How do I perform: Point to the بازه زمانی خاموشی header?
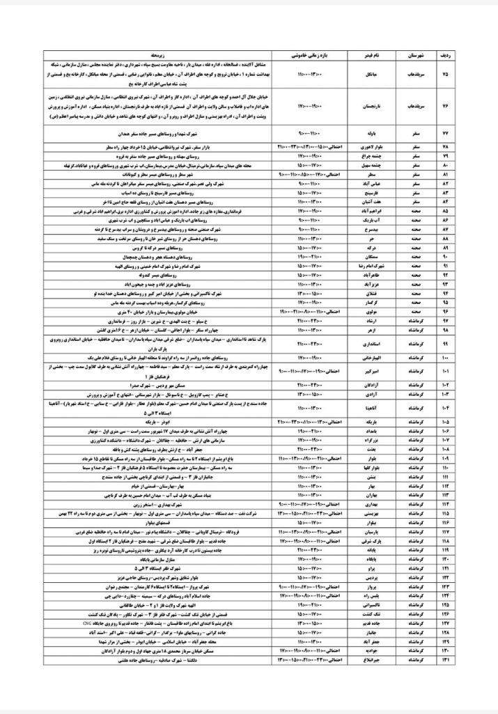(304, 54)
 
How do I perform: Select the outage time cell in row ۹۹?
(304, 344)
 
